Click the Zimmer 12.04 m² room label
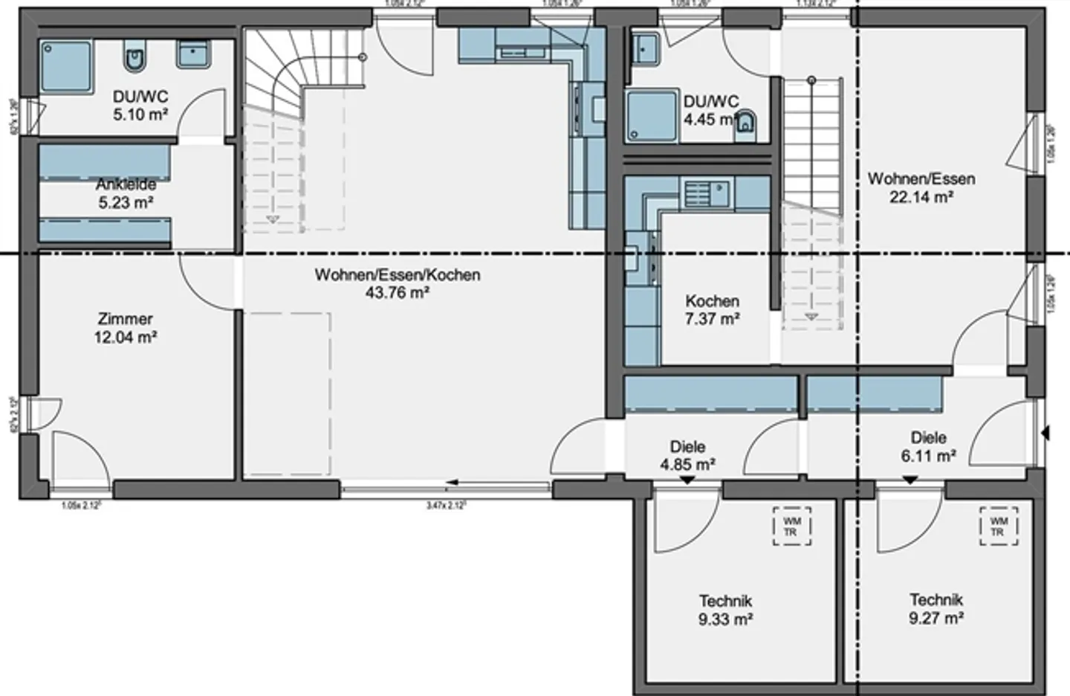[x=126, y=328]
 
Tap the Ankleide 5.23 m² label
[x=126, y=193]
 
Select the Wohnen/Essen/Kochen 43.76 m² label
[x=397, y=283]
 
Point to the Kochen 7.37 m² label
[x=712, y=310]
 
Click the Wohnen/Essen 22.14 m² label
[x=921, y=187]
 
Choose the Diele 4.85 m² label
[x=687, y=456]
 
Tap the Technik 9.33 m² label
[x=725, y=610]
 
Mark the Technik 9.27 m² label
[x=936, y=608]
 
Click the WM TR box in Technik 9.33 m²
[x=791, y=527]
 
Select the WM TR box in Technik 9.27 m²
[x=999, y=526]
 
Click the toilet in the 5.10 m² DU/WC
[x=134, y=59]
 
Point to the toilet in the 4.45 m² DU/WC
[x=745, y=127]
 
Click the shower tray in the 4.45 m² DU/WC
[x=652, y=116]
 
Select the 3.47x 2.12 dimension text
[x=446, y=506]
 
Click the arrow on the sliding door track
[x=451, y=483]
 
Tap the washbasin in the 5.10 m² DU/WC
[x=195, y=54]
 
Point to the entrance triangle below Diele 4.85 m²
[x=687, y=481]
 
